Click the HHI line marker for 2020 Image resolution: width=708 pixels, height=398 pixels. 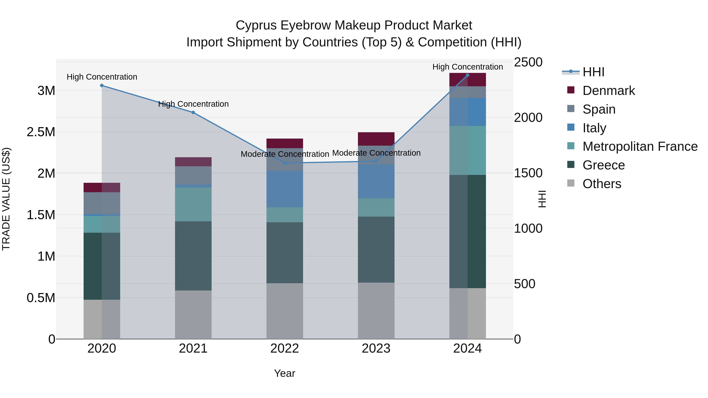click(x=102, y=85)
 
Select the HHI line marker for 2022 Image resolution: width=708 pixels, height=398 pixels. click(x=285, y=163)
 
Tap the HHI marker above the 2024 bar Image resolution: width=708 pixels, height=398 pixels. click(x=467, y=75)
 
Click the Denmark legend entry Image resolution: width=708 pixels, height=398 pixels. click(x=608, y=91)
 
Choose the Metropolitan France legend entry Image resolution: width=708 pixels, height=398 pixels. click(x=640, y=146)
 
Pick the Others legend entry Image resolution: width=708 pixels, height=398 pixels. click(x=602, y=184)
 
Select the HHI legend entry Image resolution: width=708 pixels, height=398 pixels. click(x=593, y=72)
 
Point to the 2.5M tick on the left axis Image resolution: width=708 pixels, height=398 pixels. click(x=41, y=132)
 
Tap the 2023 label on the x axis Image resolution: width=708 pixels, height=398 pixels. click(x=376, y=348)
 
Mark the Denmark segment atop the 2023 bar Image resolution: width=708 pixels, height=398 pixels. click(x=376, y=139)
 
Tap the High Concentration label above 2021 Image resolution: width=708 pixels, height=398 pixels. click(x=193, y=104)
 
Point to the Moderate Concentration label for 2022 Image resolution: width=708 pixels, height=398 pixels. click(x=285, y=154)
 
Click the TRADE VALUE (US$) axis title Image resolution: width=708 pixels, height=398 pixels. click(x=6, y=199)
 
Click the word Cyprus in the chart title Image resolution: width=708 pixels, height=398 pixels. click(x=256, y=25)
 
